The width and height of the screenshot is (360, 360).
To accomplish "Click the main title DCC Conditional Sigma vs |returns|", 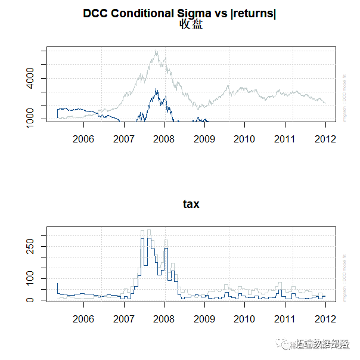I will coord(179,13).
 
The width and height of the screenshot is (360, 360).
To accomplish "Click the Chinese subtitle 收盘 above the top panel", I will coord(191,24).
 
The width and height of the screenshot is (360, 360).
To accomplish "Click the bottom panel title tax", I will coord(191,204).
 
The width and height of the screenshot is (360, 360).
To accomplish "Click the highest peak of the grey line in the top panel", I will coord(156,52).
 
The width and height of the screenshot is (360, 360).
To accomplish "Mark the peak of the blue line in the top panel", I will coord(156,89).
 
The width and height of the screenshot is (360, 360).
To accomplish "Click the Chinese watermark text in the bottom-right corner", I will coord(319,344).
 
